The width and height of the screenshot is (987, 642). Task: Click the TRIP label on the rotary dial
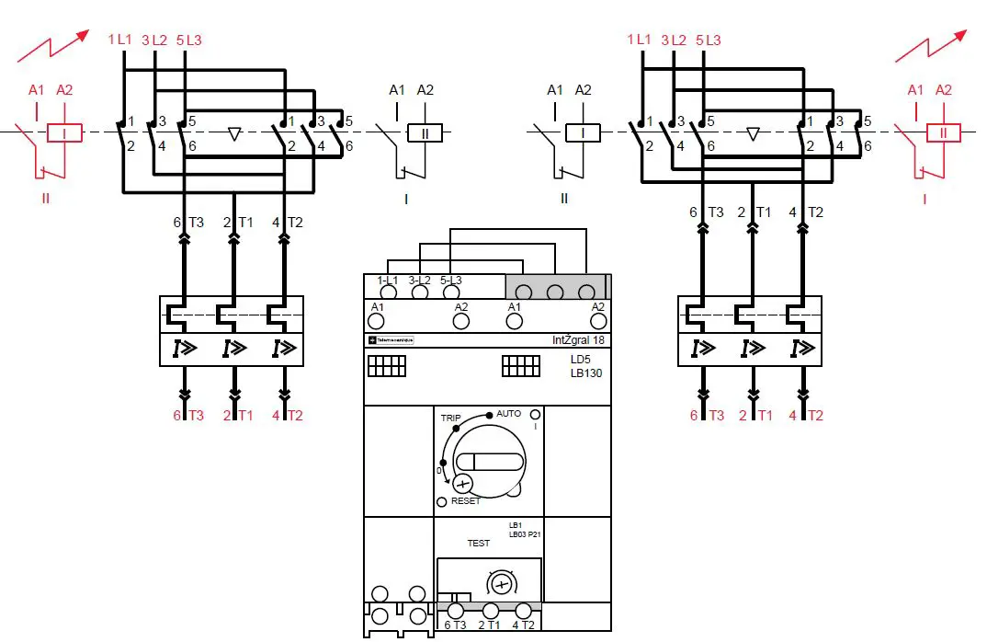[x=450, y=418]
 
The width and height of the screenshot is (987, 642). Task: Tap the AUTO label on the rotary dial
[x=508, y=414]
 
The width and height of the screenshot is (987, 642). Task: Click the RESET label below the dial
[x=465, y=501]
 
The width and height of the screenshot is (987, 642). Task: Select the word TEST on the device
[x=479, y=544]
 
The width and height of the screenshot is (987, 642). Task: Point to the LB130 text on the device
[x=586, y=373]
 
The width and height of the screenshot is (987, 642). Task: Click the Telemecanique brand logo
[x=391, y=339]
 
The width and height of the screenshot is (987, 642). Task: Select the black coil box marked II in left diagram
[x=425, y=133]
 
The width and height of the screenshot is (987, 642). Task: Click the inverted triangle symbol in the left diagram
[x=234, y=134]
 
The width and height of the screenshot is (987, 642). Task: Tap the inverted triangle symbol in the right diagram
[x=753, y=134]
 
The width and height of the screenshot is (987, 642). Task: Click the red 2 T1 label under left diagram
[x=238, y=416]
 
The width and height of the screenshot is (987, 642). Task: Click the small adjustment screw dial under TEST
[x=501, y=584]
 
